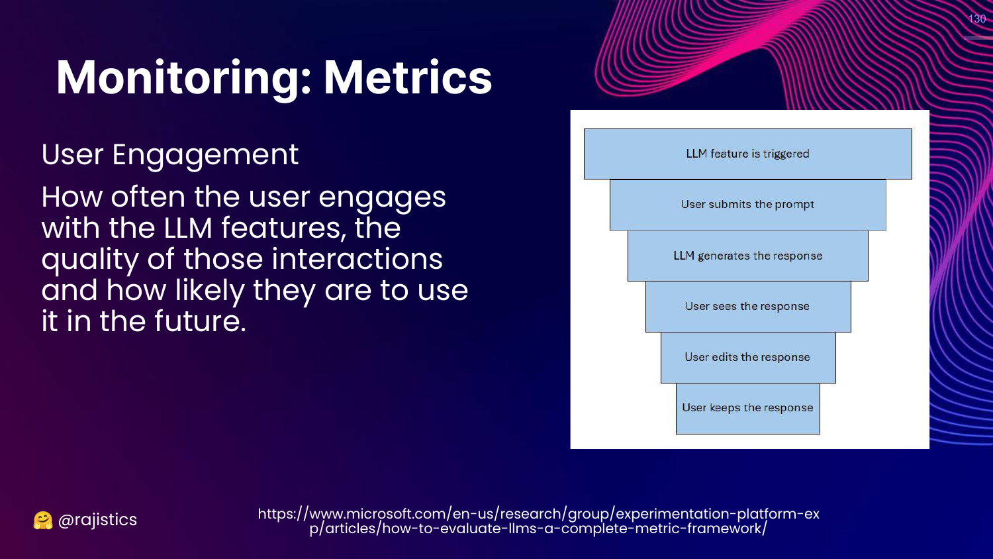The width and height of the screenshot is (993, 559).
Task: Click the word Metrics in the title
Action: [x=407, y=78]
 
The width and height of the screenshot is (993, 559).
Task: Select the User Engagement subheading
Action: [x=169, y=155]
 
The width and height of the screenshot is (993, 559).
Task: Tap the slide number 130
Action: [x=977, y=19]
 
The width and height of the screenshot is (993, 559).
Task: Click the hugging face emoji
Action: [x=43, y=521]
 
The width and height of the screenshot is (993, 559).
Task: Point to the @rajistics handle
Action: [x=97, y=520]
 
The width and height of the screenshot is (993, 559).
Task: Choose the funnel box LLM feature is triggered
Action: [x=747, y=154]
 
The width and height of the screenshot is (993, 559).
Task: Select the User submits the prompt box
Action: [x=747, y=205]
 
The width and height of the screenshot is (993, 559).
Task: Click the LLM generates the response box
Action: [x=747, y=256]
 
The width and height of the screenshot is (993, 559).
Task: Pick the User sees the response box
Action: [x=747, y=307]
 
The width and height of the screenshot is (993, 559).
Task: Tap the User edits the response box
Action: [x=747, y=358]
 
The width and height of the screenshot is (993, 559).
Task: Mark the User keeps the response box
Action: [x=747, y=408]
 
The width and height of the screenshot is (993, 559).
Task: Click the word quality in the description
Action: [x=89, y=260]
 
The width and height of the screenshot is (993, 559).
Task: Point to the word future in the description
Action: [x=199, y=321]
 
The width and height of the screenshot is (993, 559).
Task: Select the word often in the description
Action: [x=148, y=197]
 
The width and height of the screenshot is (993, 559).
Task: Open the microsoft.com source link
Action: [x=538, y=521]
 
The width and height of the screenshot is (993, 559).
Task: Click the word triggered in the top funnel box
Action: [x=786, y=154]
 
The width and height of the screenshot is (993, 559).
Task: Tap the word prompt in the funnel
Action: [x=794, y=205]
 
